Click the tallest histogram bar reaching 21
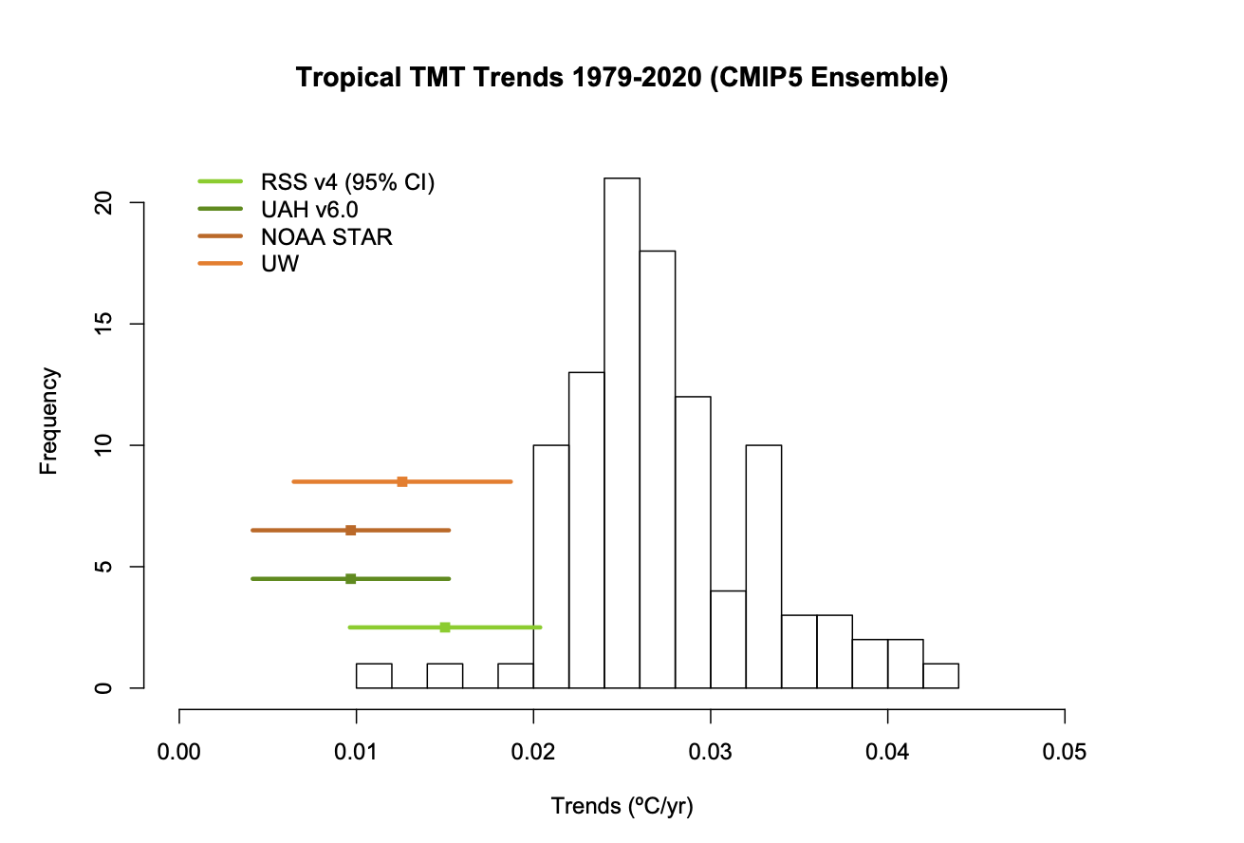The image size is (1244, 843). tap(622, 432)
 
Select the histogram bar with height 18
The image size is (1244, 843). tap(657, 469)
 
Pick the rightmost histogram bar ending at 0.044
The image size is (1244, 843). tap(940, 675)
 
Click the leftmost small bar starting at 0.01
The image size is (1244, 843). tap(374, 675)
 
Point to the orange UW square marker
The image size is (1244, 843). tap(402, 481)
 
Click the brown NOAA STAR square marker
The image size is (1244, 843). tap(350, 530)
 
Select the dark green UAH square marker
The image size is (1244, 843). tap(350, 578)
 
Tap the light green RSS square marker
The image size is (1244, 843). tap(444, 627)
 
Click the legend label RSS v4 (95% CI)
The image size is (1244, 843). tap(347, 182)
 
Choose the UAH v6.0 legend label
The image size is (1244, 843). tap(309, 210)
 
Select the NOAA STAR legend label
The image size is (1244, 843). tap(326, 237)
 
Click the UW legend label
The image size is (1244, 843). tap(280, 265)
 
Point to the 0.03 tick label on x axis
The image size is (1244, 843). tap(711, 753)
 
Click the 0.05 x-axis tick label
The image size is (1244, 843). tap(1065, 753)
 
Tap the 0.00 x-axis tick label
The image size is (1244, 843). tap(179, 753)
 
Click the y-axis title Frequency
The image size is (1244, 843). tap(49, 421)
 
